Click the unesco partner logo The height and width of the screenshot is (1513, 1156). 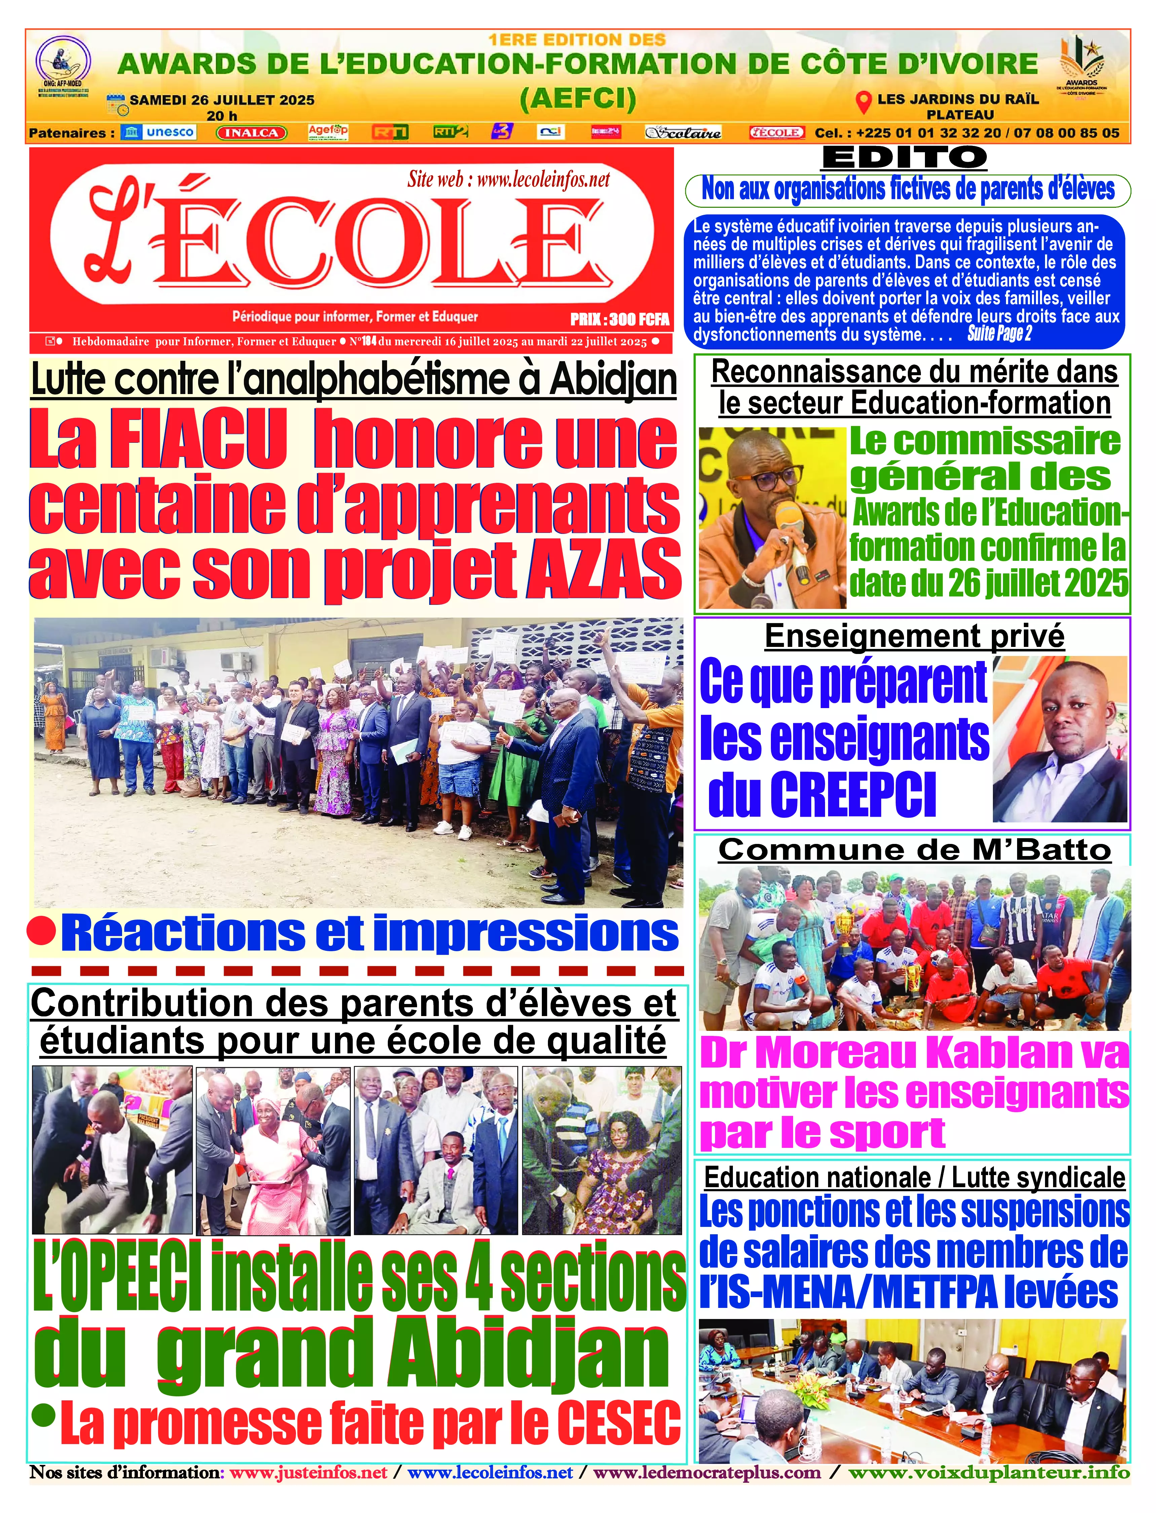158,132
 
